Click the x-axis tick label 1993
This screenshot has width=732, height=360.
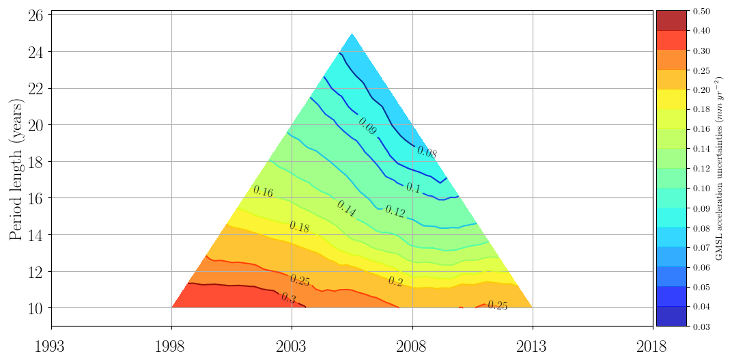click(x=51, y=346)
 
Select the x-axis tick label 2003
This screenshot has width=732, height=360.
click(x=292, y=346)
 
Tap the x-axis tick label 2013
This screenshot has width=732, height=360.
click(x=533, y=346)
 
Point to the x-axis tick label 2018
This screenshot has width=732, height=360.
click(x=653, y=346)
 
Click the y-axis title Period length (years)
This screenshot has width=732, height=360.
click(x=16, y=169)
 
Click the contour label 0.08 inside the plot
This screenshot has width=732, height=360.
click(x=426, y=153)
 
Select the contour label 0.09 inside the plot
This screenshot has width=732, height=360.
click(x=367, y=126)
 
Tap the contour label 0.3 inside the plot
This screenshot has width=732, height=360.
click(x=289, y=298)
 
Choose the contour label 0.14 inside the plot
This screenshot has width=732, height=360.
click(x=346, y=209)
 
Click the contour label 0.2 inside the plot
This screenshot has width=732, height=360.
click(x=395, y=281)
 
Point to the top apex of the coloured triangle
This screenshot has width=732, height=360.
click(x=352, y=33)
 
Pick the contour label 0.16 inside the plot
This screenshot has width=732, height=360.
click(x=263, y=192)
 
